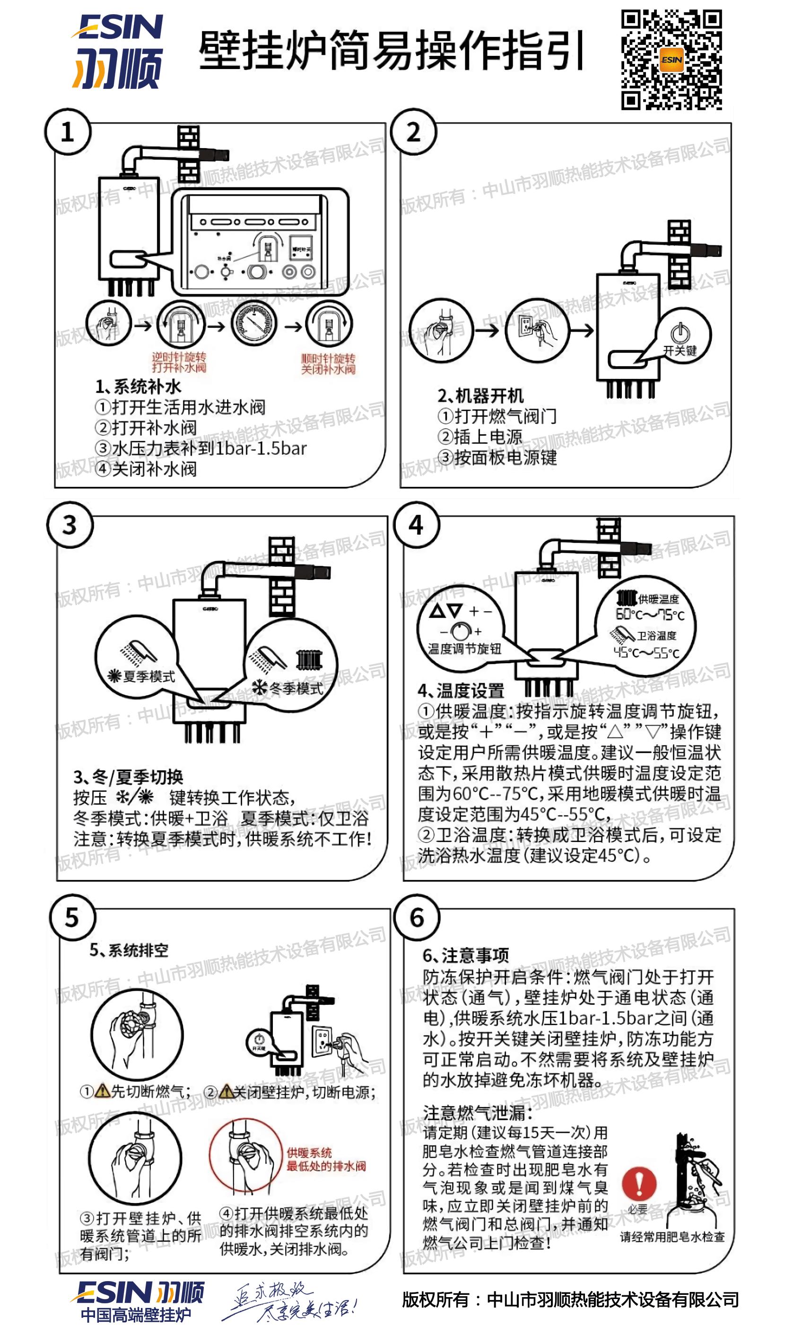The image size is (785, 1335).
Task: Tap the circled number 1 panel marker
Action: click(x=67, y=132)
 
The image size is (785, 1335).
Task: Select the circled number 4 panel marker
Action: click(x=416, y=525)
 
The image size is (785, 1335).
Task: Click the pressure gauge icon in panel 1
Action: click(x=254, y=324)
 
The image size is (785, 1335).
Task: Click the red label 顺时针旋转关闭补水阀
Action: click(x=328, y=363)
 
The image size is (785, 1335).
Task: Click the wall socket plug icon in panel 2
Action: click(x=534, y=330)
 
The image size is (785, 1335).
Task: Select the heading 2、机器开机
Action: click(x=480, y=396)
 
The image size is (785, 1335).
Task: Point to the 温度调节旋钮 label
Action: click(x=464, y=649)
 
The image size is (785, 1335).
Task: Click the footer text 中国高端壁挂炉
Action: click(x=136, y=1314)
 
